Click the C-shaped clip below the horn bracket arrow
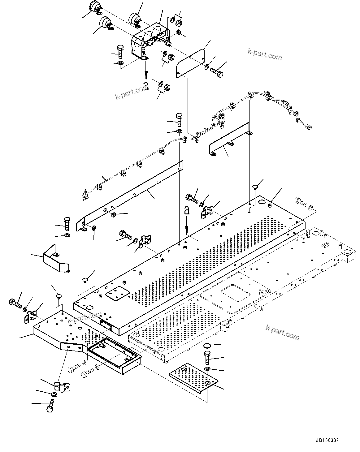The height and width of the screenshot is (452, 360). [146, 87]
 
